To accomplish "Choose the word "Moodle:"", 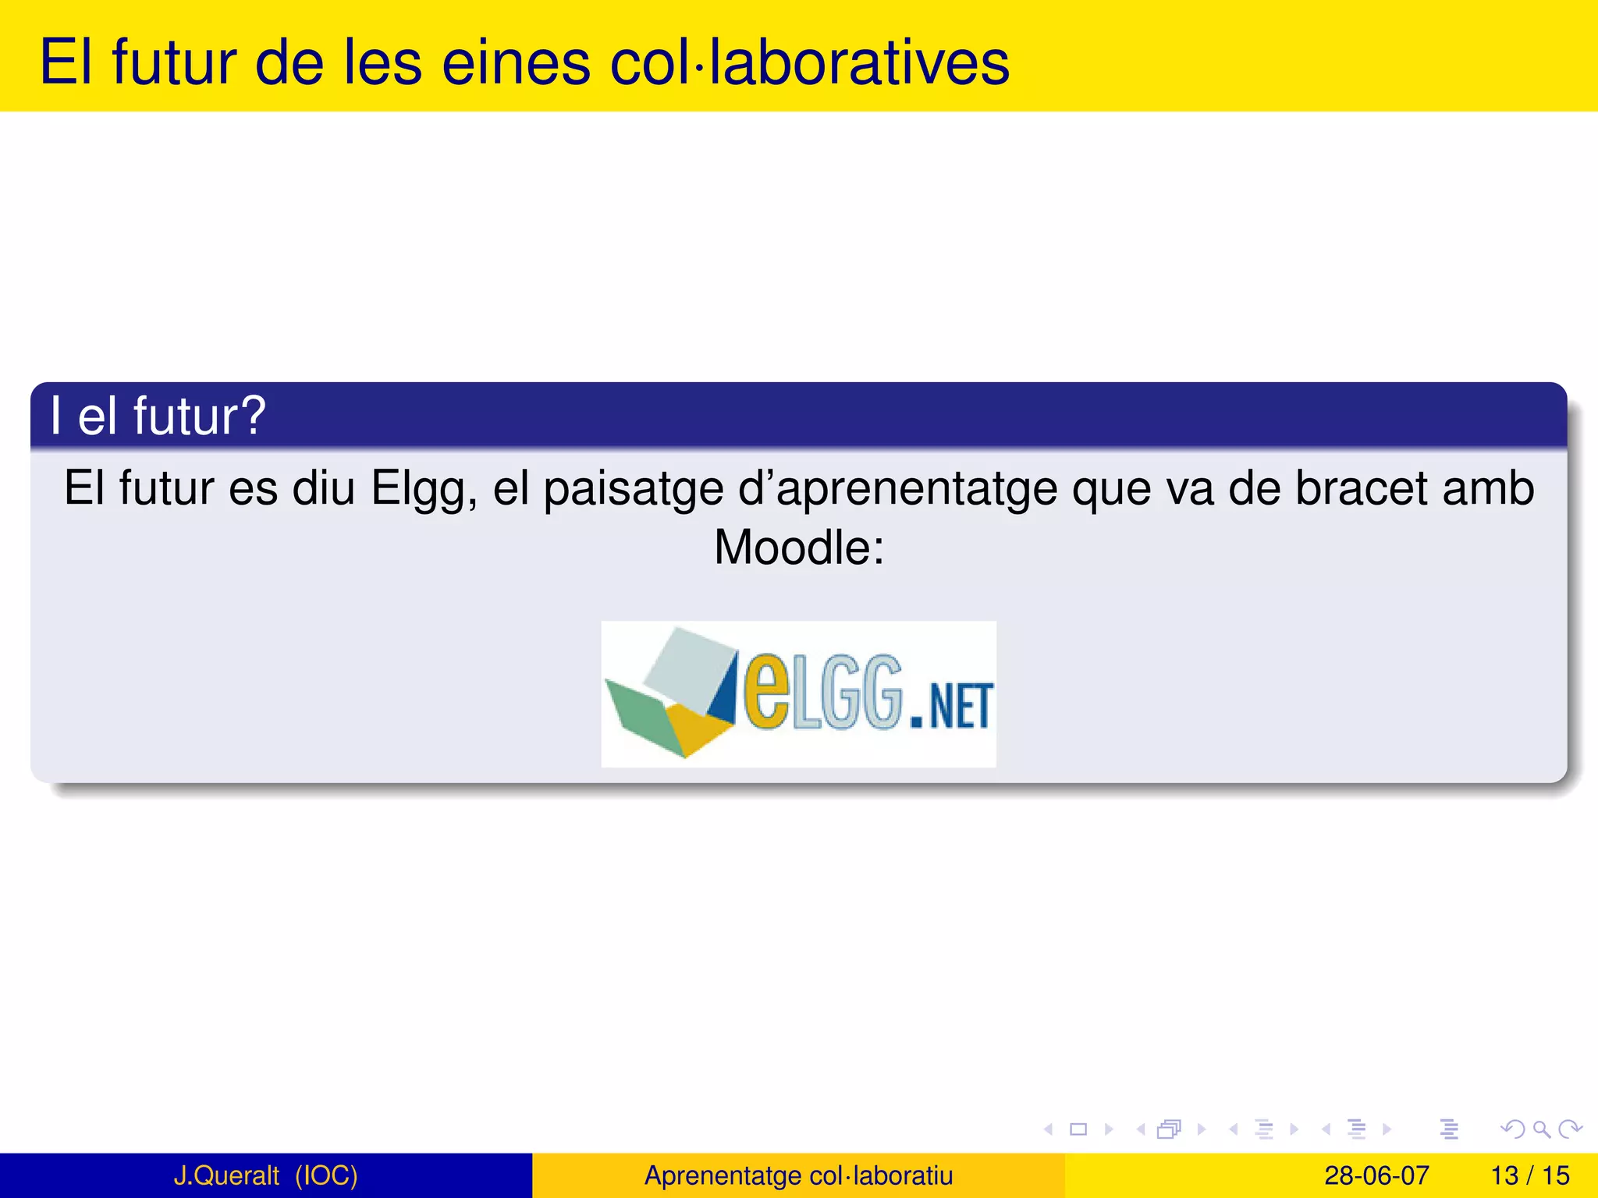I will pos(799,548).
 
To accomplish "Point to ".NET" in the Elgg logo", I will pos(951,706).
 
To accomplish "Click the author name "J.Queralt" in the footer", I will pos(226,1175).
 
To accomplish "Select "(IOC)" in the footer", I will pos(326,1175).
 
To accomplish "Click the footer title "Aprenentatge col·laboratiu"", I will pos(798,1175).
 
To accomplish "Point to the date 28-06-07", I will pos(1376,1175).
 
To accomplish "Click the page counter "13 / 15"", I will pos(1529,1175).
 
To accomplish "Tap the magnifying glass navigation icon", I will pos(1541,1129).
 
